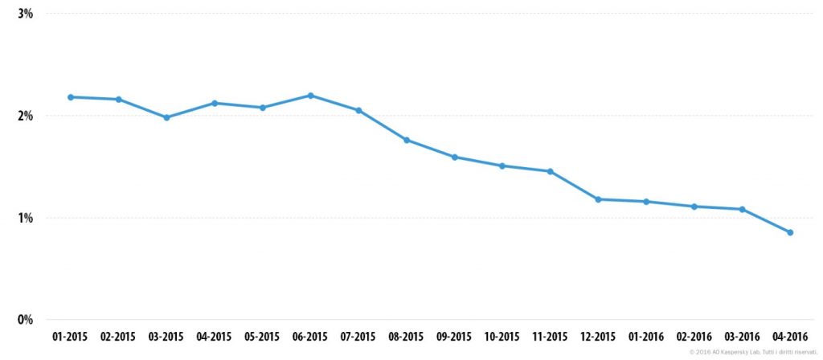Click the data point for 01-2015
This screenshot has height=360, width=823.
click(71, 97)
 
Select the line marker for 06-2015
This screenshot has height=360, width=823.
click(311, 96)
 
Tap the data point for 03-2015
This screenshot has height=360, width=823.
click(166, 117)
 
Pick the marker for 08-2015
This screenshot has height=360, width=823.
click(407, 140)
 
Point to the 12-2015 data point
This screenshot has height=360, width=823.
click(598, 199)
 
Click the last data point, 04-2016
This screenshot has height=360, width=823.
click(791, 232)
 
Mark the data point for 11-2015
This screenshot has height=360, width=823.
click(550, 171)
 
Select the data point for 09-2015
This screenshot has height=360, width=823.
click(455, 157)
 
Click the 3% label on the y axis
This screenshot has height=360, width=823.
click(26, 14)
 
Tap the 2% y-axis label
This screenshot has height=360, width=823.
click(26, 116)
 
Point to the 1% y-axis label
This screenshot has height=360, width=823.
click(26, 218)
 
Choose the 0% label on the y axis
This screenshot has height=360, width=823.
click(26, 320)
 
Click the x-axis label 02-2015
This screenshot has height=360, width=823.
click(118, 337)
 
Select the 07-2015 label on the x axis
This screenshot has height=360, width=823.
click(358, 337)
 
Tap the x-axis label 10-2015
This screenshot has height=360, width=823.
click(502, 337)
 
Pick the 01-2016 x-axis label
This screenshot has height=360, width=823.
click(647, 337)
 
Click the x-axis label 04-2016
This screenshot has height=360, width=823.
click(791, 337)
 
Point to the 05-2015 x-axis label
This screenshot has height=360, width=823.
click(263, 337)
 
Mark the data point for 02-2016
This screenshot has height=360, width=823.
click(694, 207)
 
